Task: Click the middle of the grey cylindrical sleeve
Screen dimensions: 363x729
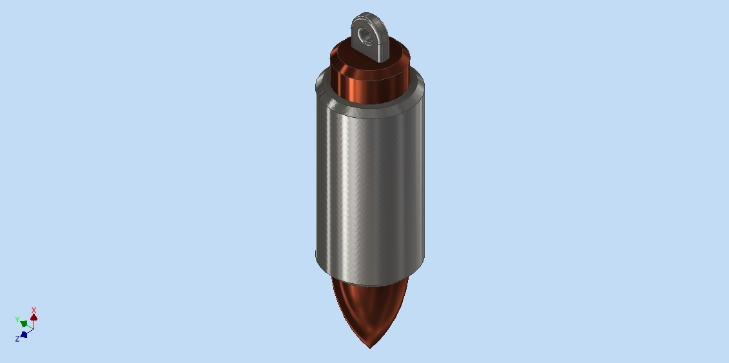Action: tap(370, 187)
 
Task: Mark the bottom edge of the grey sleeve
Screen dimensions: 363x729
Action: tap(370, 284)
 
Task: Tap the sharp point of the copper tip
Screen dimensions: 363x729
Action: tap(370, 347)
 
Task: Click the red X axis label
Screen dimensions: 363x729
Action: tap(34, 310)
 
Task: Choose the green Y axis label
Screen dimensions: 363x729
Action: tap(17, 319)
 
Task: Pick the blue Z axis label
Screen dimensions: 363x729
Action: tap(17, 339)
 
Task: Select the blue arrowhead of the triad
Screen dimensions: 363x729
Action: tap(24, 334)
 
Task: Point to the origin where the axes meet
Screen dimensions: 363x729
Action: tap(34, 328)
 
